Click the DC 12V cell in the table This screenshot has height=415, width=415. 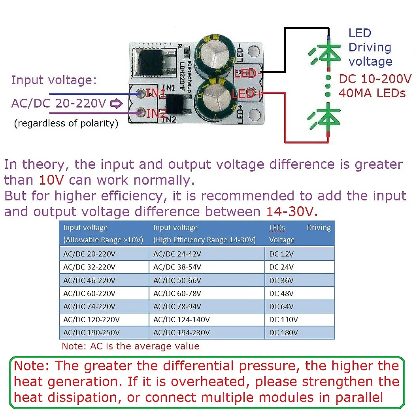[281, 254]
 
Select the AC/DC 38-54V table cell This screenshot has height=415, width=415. [177, 267]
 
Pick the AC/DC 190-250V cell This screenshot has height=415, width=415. [91, 333]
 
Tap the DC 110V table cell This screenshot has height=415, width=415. [283, 320]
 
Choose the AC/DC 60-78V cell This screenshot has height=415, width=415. [177, 294]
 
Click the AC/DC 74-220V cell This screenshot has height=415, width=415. [89, 307]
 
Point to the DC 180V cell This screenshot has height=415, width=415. [283, 333]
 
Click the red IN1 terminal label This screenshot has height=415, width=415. [156, 93]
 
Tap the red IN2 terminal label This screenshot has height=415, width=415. [156, 114]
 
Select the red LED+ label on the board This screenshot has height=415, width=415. [247, 94]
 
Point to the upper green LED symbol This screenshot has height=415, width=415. [326, 53]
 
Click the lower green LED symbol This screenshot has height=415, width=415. [326, 118]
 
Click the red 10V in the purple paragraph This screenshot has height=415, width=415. [51, 180]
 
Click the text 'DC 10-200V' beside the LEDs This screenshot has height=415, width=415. [375, 79]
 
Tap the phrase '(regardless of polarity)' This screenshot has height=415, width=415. [66, 123]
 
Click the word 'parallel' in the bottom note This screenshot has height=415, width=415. [359, 397]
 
